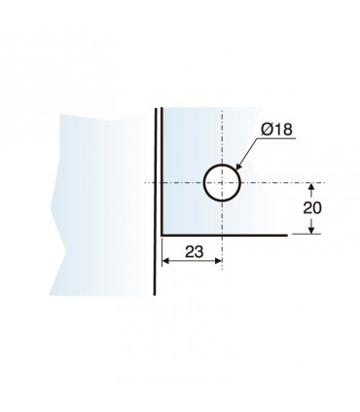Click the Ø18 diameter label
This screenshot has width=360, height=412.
click(x=276, y=130)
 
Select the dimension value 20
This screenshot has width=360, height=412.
click(x=312, y=207)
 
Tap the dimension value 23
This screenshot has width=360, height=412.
click(x=195, y=251)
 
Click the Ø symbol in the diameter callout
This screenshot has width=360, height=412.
click(x=268, y=130)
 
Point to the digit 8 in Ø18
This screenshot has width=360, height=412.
click(x=287, y=130)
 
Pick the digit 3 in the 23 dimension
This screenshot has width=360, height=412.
click(x=199, y=251)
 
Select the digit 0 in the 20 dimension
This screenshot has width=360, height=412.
click(x=317, y=207)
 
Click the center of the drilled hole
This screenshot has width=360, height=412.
click(x=222, y=183)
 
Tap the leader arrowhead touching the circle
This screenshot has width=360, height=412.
click(x=238, y=167)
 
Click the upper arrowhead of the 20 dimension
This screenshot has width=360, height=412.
click(x=311, y=187)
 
